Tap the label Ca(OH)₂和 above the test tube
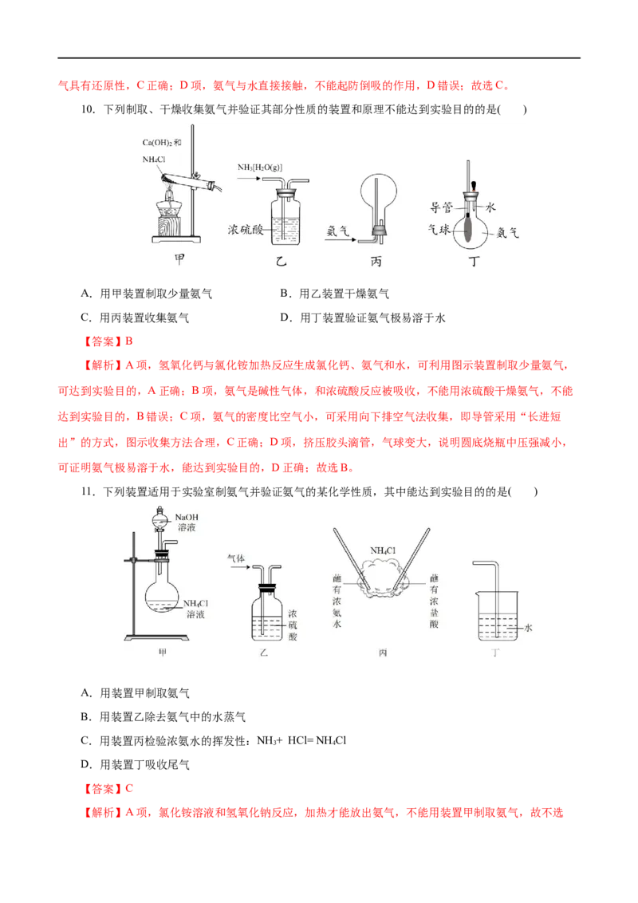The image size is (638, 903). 162,142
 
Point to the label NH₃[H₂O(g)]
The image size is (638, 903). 260,168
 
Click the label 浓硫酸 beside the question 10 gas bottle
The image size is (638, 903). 246,230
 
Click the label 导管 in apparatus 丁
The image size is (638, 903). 442,207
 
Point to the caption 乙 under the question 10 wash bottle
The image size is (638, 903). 281,262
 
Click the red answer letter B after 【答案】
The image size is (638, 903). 129,341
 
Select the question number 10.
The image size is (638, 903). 88,109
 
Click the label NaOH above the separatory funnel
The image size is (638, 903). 187,517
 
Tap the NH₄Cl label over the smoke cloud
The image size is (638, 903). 383,550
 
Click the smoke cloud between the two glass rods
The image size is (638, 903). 382,578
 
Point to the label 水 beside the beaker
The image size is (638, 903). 528,628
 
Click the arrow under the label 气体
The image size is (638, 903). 239,567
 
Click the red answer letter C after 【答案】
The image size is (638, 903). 129,788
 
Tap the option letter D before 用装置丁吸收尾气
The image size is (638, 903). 85,765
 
